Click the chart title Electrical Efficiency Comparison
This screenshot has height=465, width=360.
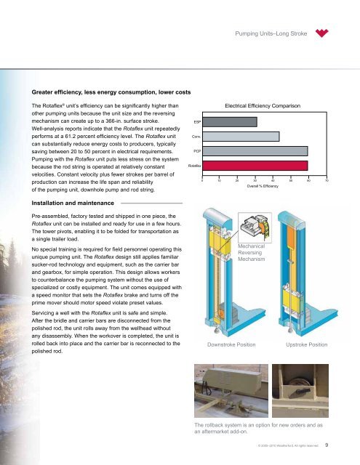coord(263,106)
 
